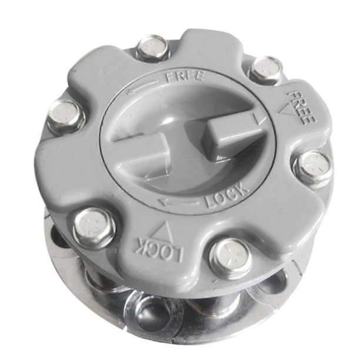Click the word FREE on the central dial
point(185,76)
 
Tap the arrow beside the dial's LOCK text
point(178,202)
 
